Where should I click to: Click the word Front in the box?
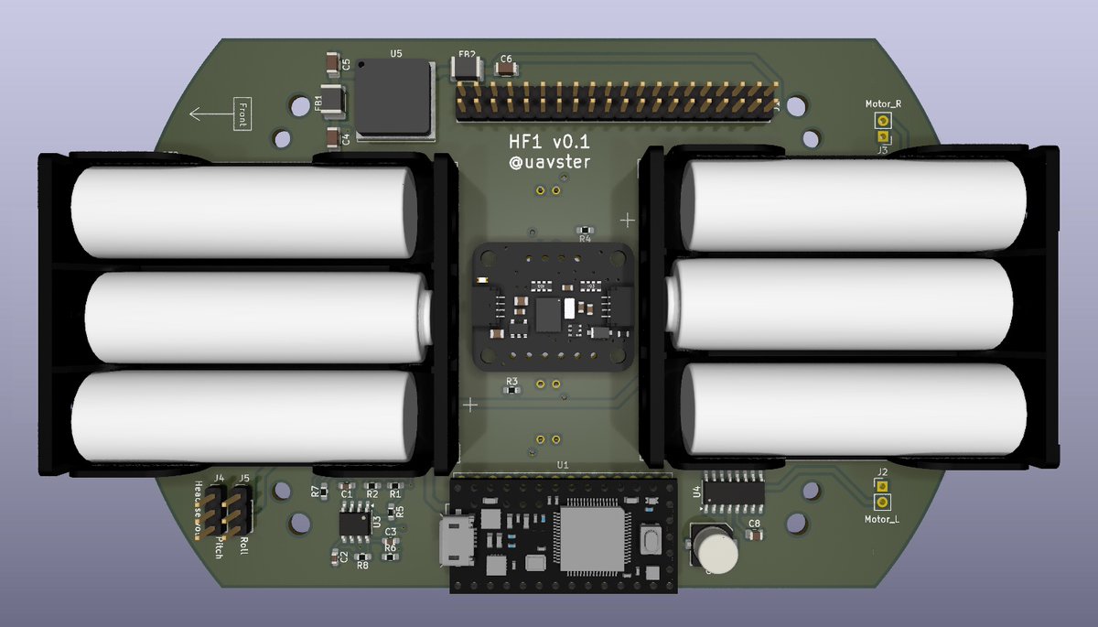pyautogui.click(x=242, y=114)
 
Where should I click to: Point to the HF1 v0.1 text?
pyautogui.click(x=550, y=143)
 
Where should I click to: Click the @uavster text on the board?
pyautogui.click(x=550, y=163)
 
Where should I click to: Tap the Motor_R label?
pyautogui.click(x=883, y=104)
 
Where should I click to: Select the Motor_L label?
pyautogui.click(x=882, y=519)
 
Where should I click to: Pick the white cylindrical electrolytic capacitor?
pyautogui.click(x=716, y=549)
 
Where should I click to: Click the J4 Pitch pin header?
pyautogui.click(x=213, y=510)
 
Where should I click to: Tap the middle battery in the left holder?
pyautogui.click(x=256, y=317)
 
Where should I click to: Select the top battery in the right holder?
pyautogui.click(x=851, y=205)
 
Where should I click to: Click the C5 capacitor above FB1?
pyautogui.click(x=331, y=64)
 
